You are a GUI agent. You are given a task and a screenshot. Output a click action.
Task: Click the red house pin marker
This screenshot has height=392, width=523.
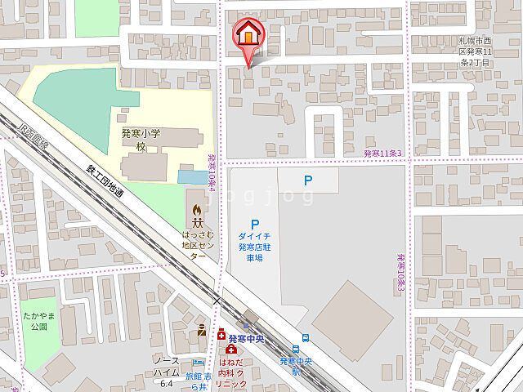(x=249, y=37)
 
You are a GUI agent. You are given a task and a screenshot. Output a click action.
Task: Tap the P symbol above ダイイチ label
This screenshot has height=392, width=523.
(x=254, y=224)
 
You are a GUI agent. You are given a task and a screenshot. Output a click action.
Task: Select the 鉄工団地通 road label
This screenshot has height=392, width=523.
(x=105, y=181)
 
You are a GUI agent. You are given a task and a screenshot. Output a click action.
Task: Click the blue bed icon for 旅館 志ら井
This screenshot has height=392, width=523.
(x=197, y=363)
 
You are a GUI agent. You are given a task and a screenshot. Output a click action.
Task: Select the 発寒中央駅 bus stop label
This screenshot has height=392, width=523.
(x=297, y=364)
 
